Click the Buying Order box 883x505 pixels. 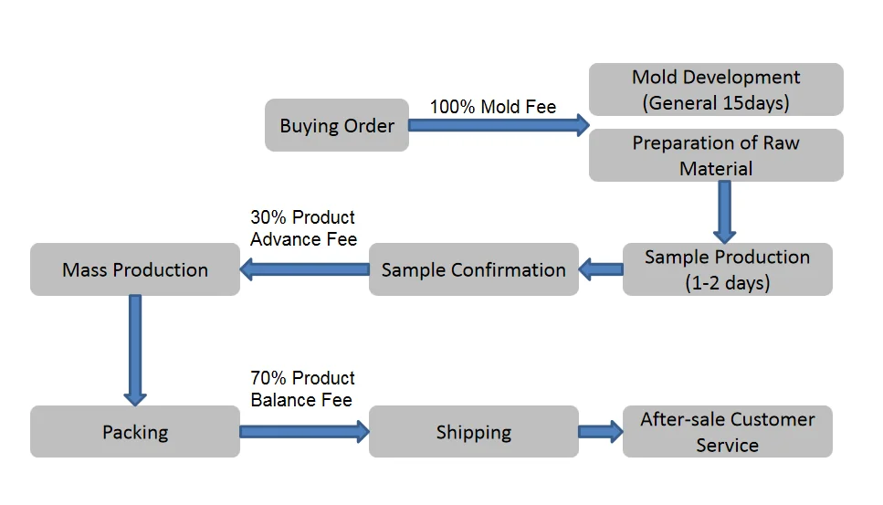click(337, 125)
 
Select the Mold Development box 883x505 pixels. click(716, 89)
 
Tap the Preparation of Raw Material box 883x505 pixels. click(716, 155)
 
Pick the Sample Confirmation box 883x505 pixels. click(473, 269)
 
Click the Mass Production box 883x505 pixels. click(135, 269)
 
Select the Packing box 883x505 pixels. click(135, 432)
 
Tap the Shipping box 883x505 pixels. click(473, 432)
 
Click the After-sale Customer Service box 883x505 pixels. click(727, 432)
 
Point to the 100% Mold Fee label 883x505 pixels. click(493, 107)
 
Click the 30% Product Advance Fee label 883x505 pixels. click(303, 228)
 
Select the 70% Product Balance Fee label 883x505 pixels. click(303, 388)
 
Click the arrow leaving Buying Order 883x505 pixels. click(499, 125)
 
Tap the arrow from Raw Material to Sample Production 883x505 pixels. click(725, 211)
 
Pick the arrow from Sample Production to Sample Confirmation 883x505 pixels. click(601, 269)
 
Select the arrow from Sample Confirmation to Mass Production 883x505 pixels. click(304, 269)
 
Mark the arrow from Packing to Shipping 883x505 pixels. click(304, 431)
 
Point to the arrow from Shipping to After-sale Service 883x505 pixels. click(601, 431)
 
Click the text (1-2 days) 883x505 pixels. click(728, 282)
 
